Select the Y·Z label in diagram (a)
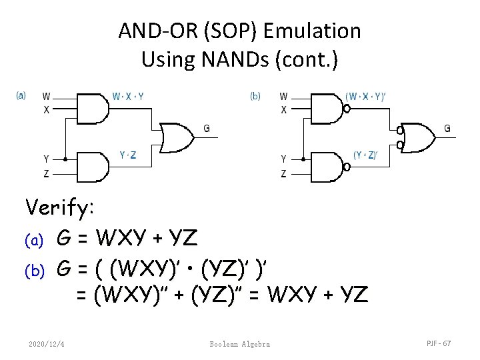[x=129, y=155]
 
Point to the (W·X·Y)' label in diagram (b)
[x=366, y=96]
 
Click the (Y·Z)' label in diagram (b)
[x=365, y=155]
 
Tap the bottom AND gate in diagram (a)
[x=93, y=167]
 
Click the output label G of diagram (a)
[x=207, y=128]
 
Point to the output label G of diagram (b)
[x=447, y=128]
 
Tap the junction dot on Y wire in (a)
[x=65, y=159]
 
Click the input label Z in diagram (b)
[x=284, y=174]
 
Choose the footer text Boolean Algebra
[x=240, y=343]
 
